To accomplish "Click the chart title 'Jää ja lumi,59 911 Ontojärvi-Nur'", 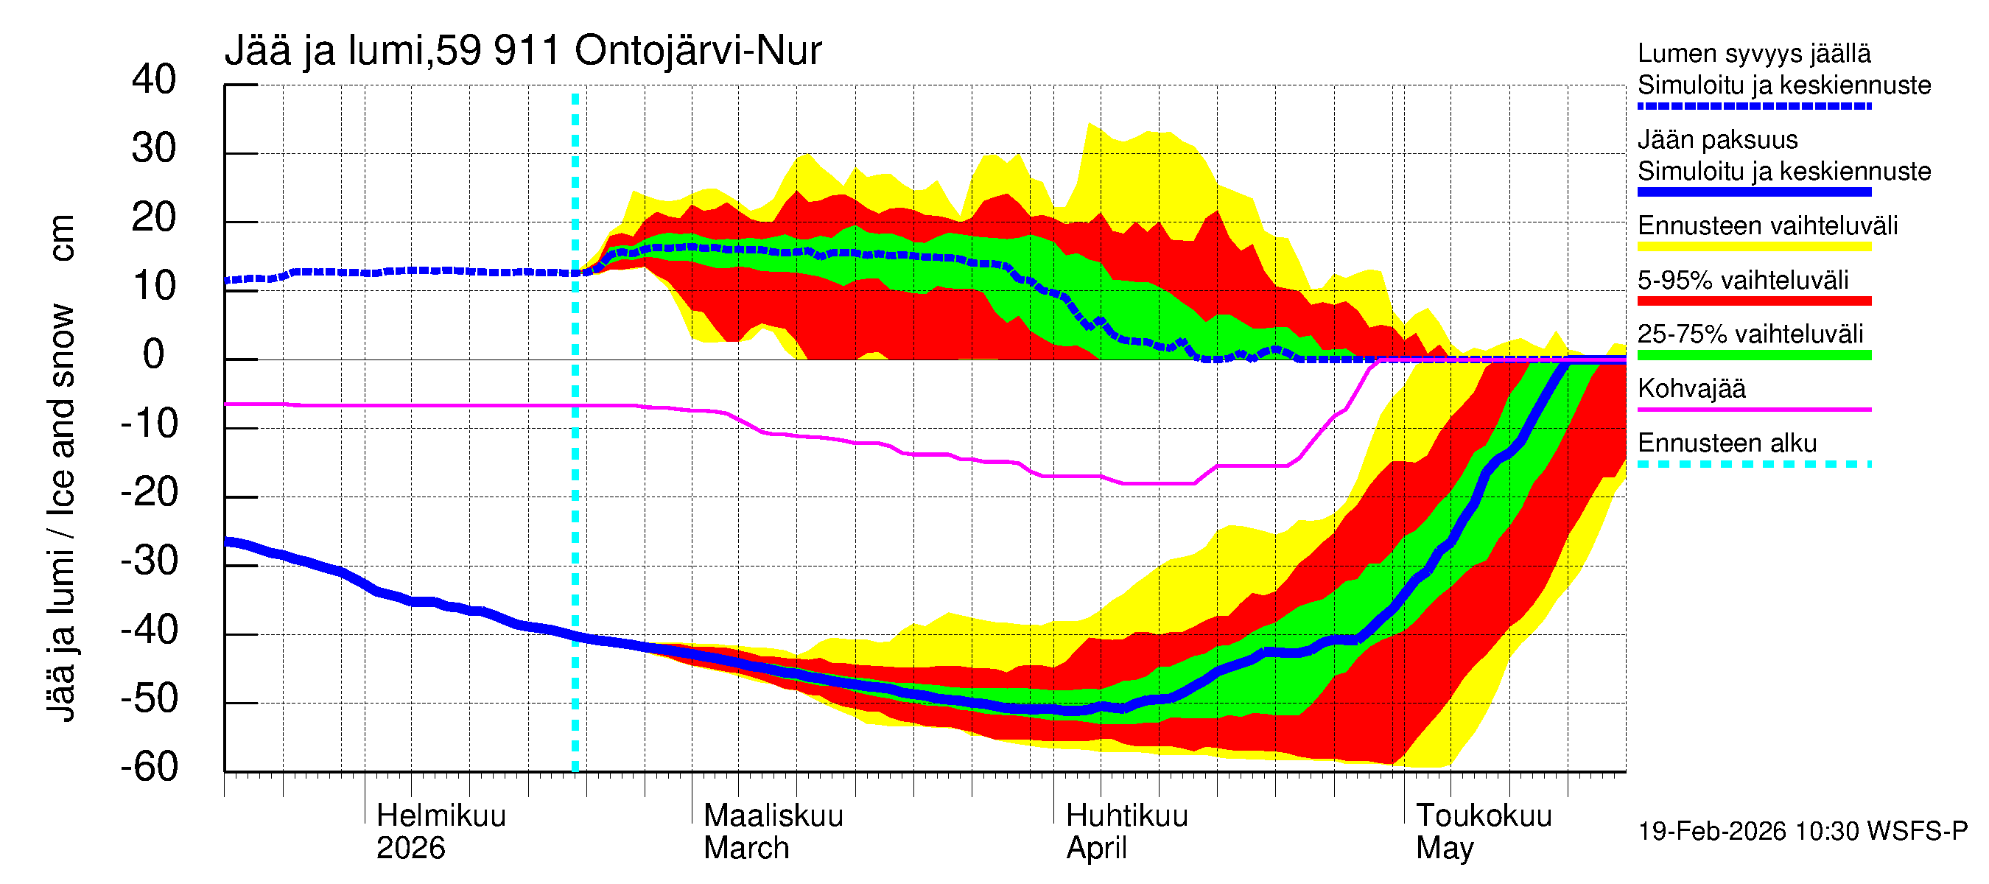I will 523,51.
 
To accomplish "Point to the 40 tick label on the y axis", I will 154,80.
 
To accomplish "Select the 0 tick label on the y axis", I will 154,355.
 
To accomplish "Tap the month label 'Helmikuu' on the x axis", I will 441,816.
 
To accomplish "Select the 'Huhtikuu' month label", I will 1126,816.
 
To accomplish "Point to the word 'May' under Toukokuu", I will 1444,849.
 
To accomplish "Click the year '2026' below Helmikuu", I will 410,849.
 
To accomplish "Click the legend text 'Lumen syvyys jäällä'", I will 1753,53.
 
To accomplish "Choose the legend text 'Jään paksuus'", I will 1717,140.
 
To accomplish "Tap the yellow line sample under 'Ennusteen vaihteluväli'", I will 1753,247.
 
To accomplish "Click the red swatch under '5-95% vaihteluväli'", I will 1753,301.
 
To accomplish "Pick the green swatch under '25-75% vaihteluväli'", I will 1753,355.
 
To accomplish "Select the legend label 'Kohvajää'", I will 1691,388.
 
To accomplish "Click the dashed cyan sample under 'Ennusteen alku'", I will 1753,464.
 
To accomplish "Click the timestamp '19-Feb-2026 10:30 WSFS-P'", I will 1802,832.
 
